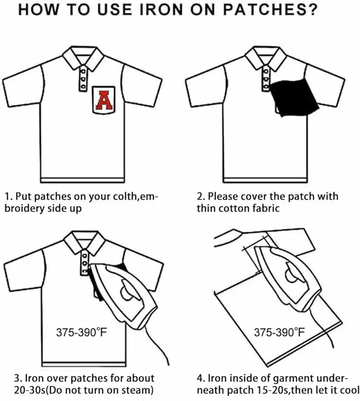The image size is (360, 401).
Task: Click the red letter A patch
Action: [x=104, y=100]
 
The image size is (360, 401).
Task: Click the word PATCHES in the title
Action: [x=270, y=10]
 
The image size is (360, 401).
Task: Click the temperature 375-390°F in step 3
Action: [x=81, y=332]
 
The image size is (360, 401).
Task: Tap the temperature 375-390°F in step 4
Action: [x=279, y=332]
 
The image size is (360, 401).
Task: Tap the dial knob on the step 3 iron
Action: [x=127, y=293]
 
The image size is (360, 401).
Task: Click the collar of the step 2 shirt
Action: [x=266, y=58]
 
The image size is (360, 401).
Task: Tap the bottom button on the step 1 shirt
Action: [x=83, y=86]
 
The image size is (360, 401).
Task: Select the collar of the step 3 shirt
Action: [x=84, y=242]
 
